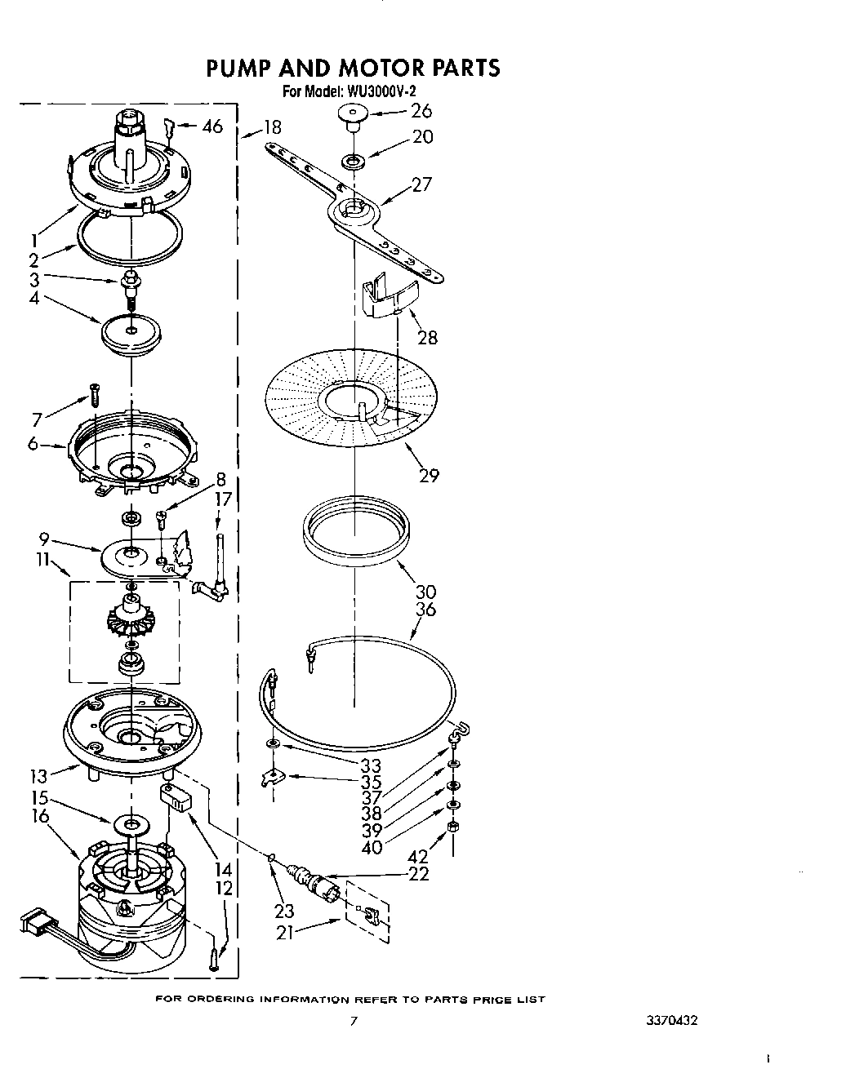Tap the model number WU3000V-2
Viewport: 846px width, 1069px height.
pyautogui.click(x=372, y=92)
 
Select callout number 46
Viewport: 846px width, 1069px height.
pyautogui.click(x=211, y=126)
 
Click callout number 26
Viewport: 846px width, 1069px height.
pyautogui.click(x=421, y=110)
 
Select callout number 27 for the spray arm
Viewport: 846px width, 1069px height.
pyautogui.click(x=421, y=184)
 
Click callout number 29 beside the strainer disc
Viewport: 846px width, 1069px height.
pyautogui.click(x=430, y=475)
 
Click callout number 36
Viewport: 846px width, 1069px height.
pyautogui.click(x=425, y=609)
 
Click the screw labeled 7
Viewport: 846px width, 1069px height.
pyautogui.click(x=94, y=394)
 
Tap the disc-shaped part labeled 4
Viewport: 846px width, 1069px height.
pyautogui.click(x=131, y=333)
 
